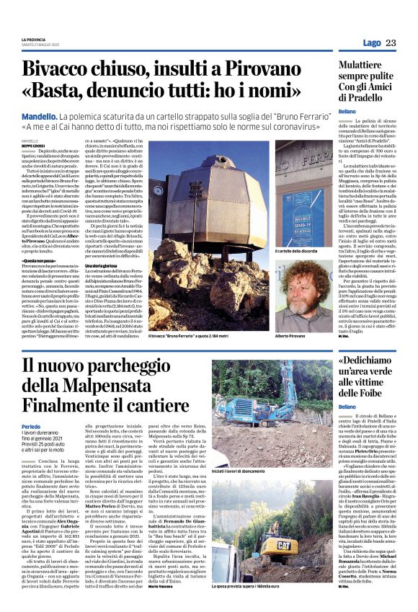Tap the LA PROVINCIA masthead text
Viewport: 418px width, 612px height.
[33, 38]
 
